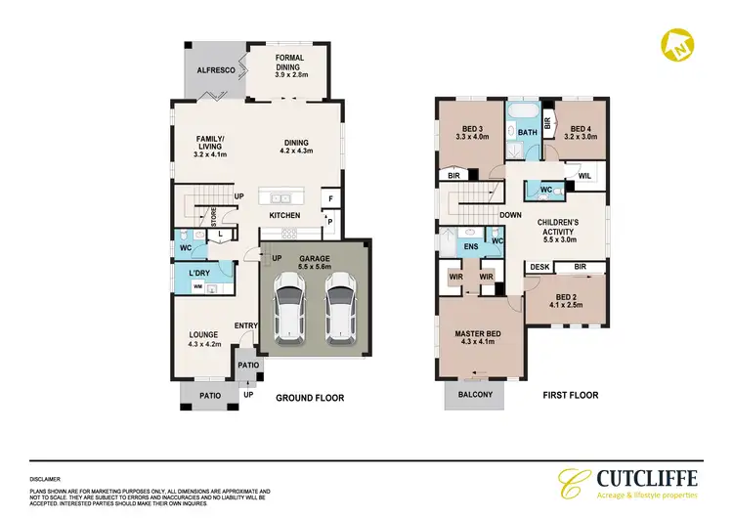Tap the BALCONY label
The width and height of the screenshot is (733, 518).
(x=473, y=395)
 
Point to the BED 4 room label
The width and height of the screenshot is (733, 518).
(x=581, y=132)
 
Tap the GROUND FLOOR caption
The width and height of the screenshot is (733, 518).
(x=310, y=397)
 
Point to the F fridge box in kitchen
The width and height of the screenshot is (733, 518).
(x=330, y=199)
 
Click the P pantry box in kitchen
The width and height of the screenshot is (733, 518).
(x=330, y=222)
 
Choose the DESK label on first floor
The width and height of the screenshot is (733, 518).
(x=539, y=266)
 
